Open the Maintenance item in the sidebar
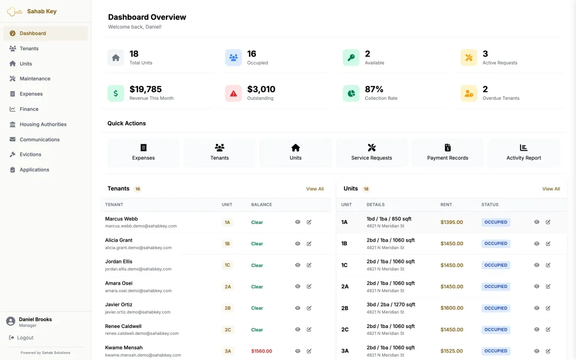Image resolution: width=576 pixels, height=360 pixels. click(35, 78)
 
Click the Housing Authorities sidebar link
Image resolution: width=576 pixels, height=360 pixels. click(43, 124)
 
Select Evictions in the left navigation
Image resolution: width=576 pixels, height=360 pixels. click(30, 154)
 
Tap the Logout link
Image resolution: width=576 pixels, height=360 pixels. click(25, 338)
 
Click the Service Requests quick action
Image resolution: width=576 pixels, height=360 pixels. click(371, 153)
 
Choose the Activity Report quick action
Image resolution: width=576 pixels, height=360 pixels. click(524, 153)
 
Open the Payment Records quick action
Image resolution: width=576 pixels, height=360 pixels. click(447, 153)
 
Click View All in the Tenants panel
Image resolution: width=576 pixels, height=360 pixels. click(315, 189)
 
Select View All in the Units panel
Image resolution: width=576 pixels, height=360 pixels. click(551, 189)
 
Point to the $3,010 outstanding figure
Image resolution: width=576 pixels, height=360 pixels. click(261, 89)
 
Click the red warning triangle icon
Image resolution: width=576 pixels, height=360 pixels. click(233, 94)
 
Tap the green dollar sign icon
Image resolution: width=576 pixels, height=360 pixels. click(116, 93)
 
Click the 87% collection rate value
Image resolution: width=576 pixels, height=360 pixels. click(374, 89)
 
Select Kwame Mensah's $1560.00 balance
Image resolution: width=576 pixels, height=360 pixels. click(261, 351)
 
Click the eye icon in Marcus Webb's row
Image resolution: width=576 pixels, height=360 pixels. click(298, 222)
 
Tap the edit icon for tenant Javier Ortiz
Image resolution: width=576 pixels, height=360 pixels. click(309, 308)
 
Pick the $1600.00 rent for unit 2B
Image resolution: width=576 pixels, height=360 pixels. click(452, 308)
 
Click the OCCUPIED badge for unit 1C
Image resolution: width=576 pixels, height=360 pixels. click(495, 265)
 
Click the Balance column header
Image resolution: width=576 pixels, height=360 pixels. click(261, 205)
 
